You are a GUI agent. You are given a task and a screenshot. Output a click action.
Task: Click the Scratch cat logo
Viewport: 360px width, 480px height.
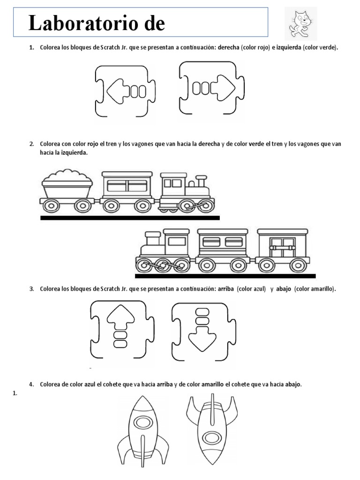click(300, 23)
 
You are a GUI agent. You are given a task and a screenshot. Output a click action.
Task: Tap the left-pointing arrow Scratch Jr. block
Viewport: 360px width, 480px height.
click(125, 91)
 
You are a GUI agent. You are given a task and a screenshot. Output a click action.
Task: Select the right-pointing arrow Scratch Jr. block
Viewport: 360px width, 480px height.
click(211, 88)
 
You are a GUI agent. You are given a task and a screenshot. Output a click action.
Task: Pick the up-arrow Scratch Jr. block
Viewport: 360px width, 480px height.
click(122, 329)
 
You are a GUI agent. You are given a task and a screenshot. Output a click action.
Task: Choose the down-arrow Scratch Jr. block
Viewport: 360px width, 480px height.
click(203, 332)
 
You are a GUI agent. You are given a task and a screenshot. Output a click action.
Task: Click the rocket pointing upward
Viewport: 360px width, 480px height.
click(142, 431)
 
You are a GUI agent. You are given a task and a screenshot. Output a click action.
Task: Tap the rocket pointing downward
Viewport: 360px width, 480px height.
click(212, 429)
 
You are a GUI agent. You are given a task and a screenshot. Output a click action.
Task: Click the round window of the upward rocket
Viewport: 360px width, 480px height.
click(143, 423)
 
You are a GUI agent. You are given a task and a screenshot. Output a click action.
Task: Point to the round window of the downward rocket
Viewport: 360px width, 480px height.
click(212, 438)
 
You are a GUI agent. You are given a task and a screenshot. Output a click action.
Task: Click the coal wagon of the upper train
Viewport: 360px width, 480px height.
click(67, 190)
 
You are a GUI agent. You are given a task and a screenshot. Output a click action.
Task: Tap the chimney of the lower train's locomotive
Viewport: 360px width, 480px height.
click(153, 238)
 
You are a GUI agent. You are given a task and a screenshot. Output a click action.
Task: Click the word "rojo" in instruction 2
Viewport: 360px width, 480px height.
click(93, 144)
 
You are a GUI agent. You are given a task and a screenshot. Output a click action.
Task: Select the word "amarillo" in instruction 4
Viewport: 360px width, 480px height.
click(212, 384)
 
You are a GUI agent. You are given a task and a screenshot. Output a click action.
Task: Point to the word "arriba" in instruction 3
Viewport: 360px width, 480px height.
click(226, 289)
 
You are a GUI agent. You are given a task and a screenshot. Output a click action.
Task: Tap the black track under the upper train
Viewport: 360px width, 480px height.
click(130, 217)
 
